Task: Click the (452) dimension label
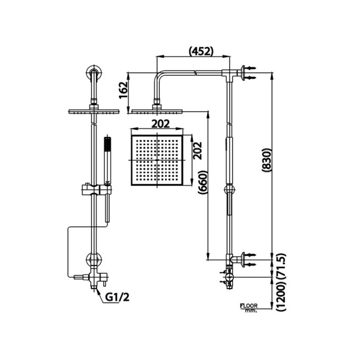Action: tap(201, 52)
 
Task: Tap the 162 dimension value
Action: tap(124, 90)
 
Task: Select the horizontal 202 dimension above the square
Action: tap(160, 124)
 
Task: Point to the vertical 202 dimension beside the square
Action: tap(197, 151)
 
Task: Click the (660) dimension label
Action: tap(203, 183)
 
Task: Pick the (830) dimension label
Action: tap(267, 160)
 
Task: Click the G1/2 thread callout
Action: tap(117, 297)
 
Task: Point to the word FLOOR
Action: tap(248, 306)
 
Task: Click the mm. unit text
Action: tap(251, 311)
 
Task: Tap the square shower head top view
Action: tap(157, 160)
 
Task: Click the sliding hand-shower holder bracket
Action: tap(97, 190)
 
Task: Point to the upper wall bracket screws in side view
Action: tap(249, 73)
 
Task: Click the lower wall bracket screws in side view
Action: tap(249, 259)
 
